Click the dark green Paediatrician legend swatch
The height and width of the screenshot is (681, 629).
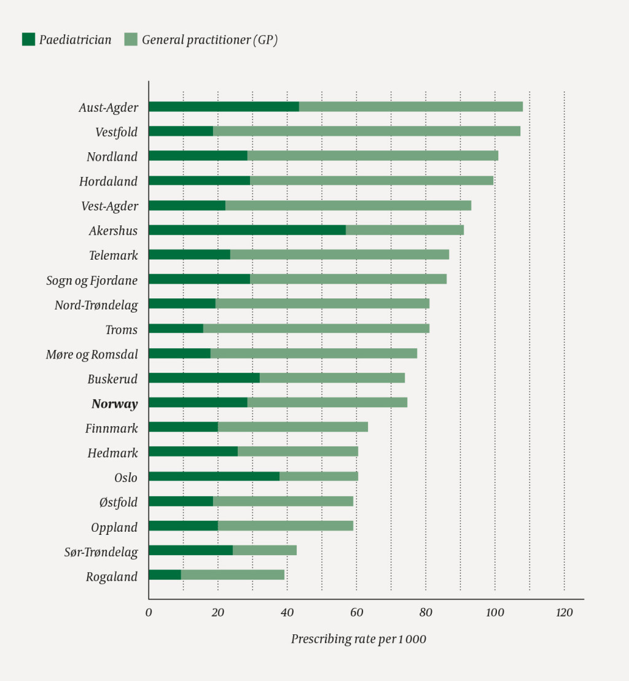click(28, 40)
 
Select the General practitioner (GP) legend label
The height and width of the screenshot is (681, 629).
click(209, 40)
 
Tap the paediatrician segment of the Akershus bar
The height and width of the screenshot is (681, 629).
click(247, 230)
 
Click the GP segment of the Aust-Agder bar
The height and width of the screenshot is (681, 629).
click(410, 107)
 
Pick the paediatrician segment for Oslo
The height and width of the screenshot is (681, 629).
click(214, 477)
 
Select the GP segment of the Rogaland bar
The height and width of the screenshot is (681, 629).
click(232, 575)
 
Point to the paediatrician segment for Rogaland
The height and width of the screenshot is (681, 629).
click(165, 575)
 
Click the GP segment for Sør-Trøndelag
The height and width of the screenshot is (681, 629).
click(264, 550)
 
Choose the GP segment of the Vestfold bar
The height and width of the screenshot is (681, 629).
click(366, 131)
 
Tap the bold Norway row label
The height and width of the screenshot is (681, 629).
click(114, 404)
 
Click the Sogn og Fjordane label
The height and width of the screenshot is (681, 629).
click(92, 281)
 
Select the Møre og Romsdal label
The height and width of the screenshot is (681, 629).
click(92, 354)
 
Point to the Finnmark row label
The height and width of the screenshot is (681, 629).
click(111, 429)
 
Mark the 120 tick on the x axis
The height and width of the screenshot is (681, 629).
click(564, 613)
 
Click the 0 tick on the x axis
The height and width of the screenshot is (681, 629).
click(149, 613)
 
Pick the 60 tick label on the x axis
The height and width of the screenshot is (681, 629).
click(356, 613)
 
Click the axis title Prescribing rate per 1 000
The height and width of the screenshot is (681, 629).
click(358, 639)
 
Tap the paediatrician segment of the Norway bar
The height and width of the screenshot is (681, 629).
click(198, 402)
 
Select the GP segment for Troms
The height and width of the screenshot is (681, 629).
click(316, 329)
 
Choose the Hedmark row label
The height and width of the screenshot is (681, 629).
click(112, 453)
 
